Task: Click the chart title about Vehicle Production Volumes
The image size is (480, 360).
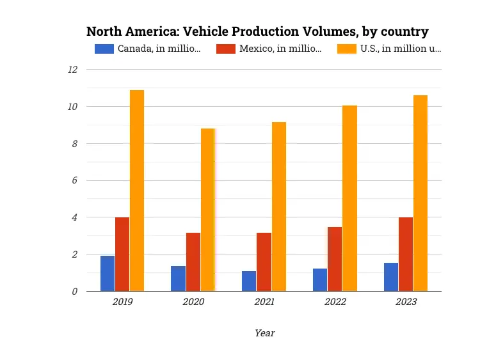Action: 257,31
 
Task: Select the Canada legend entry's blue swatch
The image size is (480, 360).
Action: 104,49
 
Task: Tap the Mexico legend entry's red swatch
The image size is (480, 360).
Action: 225,49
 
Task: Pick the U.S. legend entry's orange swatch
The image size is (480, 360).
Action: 346,49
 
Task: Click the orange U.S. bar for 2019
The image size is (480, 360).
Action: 137,191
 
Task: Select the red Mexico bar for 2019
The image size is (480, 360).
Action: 122,254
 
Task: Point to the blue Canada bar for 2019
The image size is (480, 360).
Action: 108,273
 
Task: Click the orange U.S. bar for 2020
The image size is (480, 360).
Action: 207,210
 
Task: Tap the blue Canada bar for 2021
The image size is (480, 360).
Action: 249,281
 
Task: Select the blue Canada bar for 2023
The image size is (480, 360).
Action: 391,277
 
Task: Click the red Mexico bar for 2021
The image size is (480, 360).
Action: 264,262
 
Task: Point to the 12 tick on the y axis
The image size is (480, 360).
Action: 72,69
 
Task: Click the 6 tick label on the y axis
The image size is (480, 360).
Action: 74,180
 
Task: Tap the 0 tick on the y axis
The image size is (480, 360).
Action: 74,291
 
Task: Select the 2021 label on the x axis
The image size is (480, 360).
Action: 264,302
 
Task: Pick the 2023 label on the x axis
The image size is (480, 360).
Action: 406,302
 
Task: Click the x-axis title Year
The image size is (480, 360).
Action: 264,333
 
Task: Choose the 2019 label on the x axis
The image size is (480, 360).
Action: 122,302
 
